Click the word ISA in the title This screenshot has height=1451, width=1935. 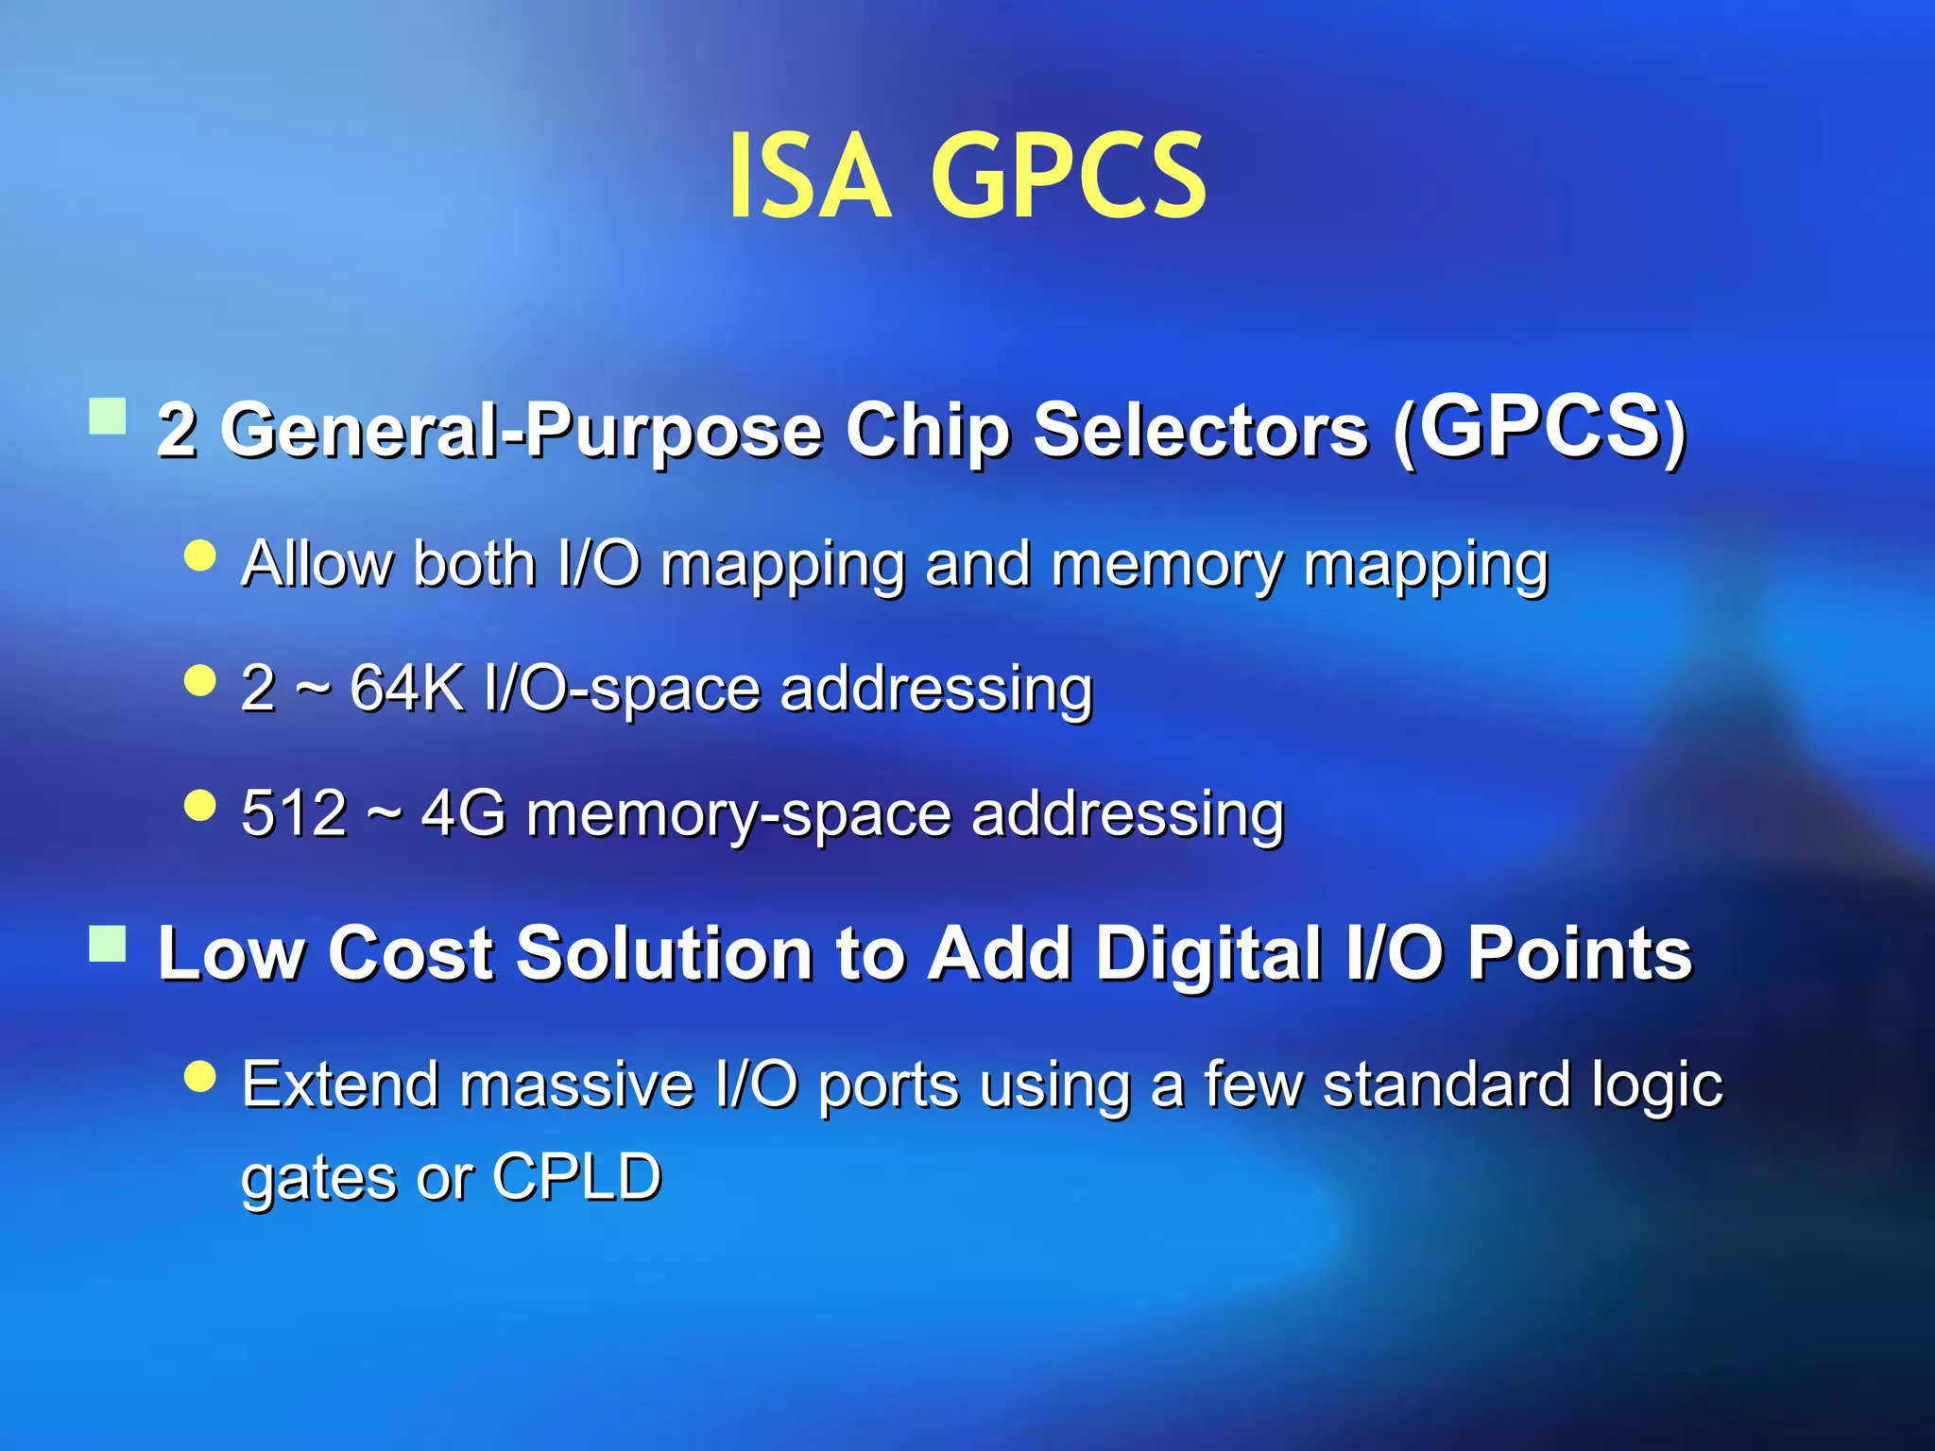(x=809, y=177)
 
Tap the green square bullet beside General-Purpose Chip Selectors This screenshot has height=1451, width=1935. (x=108, y=416)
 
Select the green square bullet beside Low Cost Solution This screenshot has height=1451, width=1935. (x=108, y=943)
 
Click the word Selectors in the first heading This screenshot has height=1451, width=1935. (x=1200, y=431)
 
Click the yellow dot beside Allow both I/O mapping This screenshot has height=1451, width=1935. (x=200, y=555)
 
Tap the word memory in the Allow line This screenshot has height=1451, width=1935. (x=1168, y=565)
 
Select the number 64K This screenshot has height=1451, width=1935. (x=407, y=687)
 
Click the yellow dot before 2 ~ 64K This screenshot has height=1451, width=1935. (x=200, y=680)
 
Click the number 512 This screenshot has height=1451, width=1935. (x=294, y=812)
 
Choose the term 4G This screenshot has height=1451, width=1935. (x=463, y=812)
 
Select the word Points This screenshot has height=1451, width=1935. (x=1579, y=954)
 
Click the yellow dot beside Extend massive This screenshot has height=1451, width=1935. (x=200, y=1075)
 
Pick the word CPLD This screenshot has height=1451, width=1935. (x=576, y=1176)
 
